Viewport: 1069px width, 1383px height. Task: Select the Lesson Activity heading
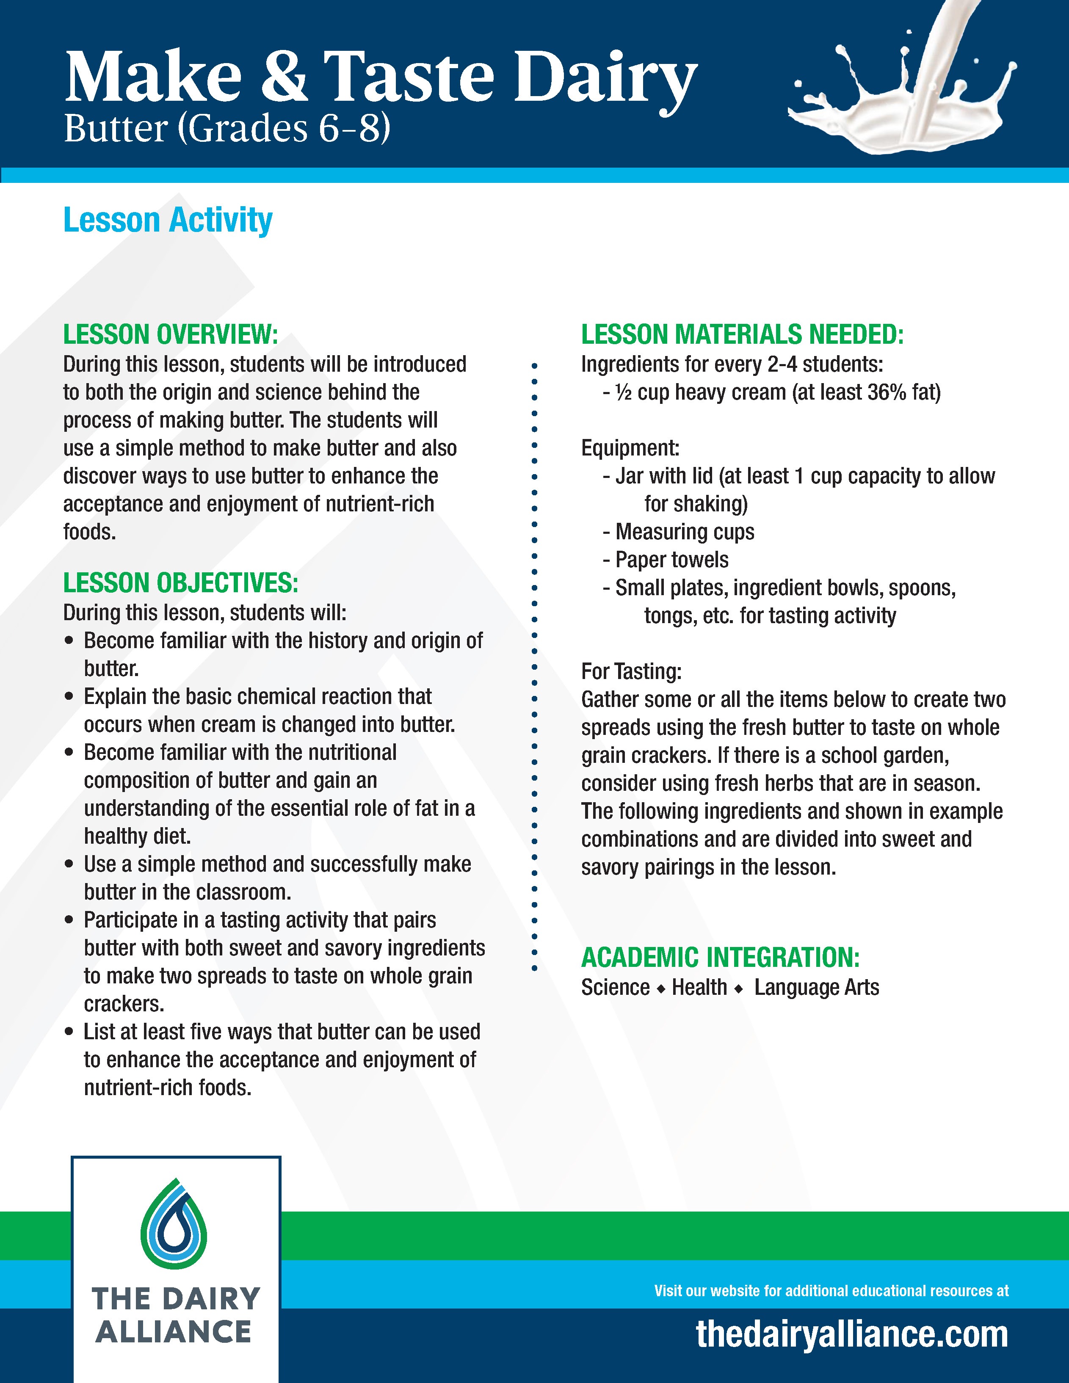pos(168,221)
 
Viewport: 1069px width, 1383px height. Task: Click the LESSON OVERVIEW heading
pos(170,334)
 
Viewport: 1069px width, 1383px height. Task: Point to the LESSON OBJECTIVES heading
pos(180,582)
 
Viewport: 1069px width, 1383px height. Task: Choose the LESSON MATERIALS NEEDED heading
pos(742,334)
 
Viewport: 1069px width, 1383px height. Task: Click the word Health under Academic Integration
pos(699,987)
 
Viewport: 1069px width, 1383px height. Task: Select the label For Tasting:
pos(631,671)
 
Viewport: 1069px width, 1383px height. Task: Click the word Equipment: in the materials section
pos(630,448)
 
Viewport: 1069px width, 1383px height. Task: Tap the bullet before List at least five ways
pos(70,1032)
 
